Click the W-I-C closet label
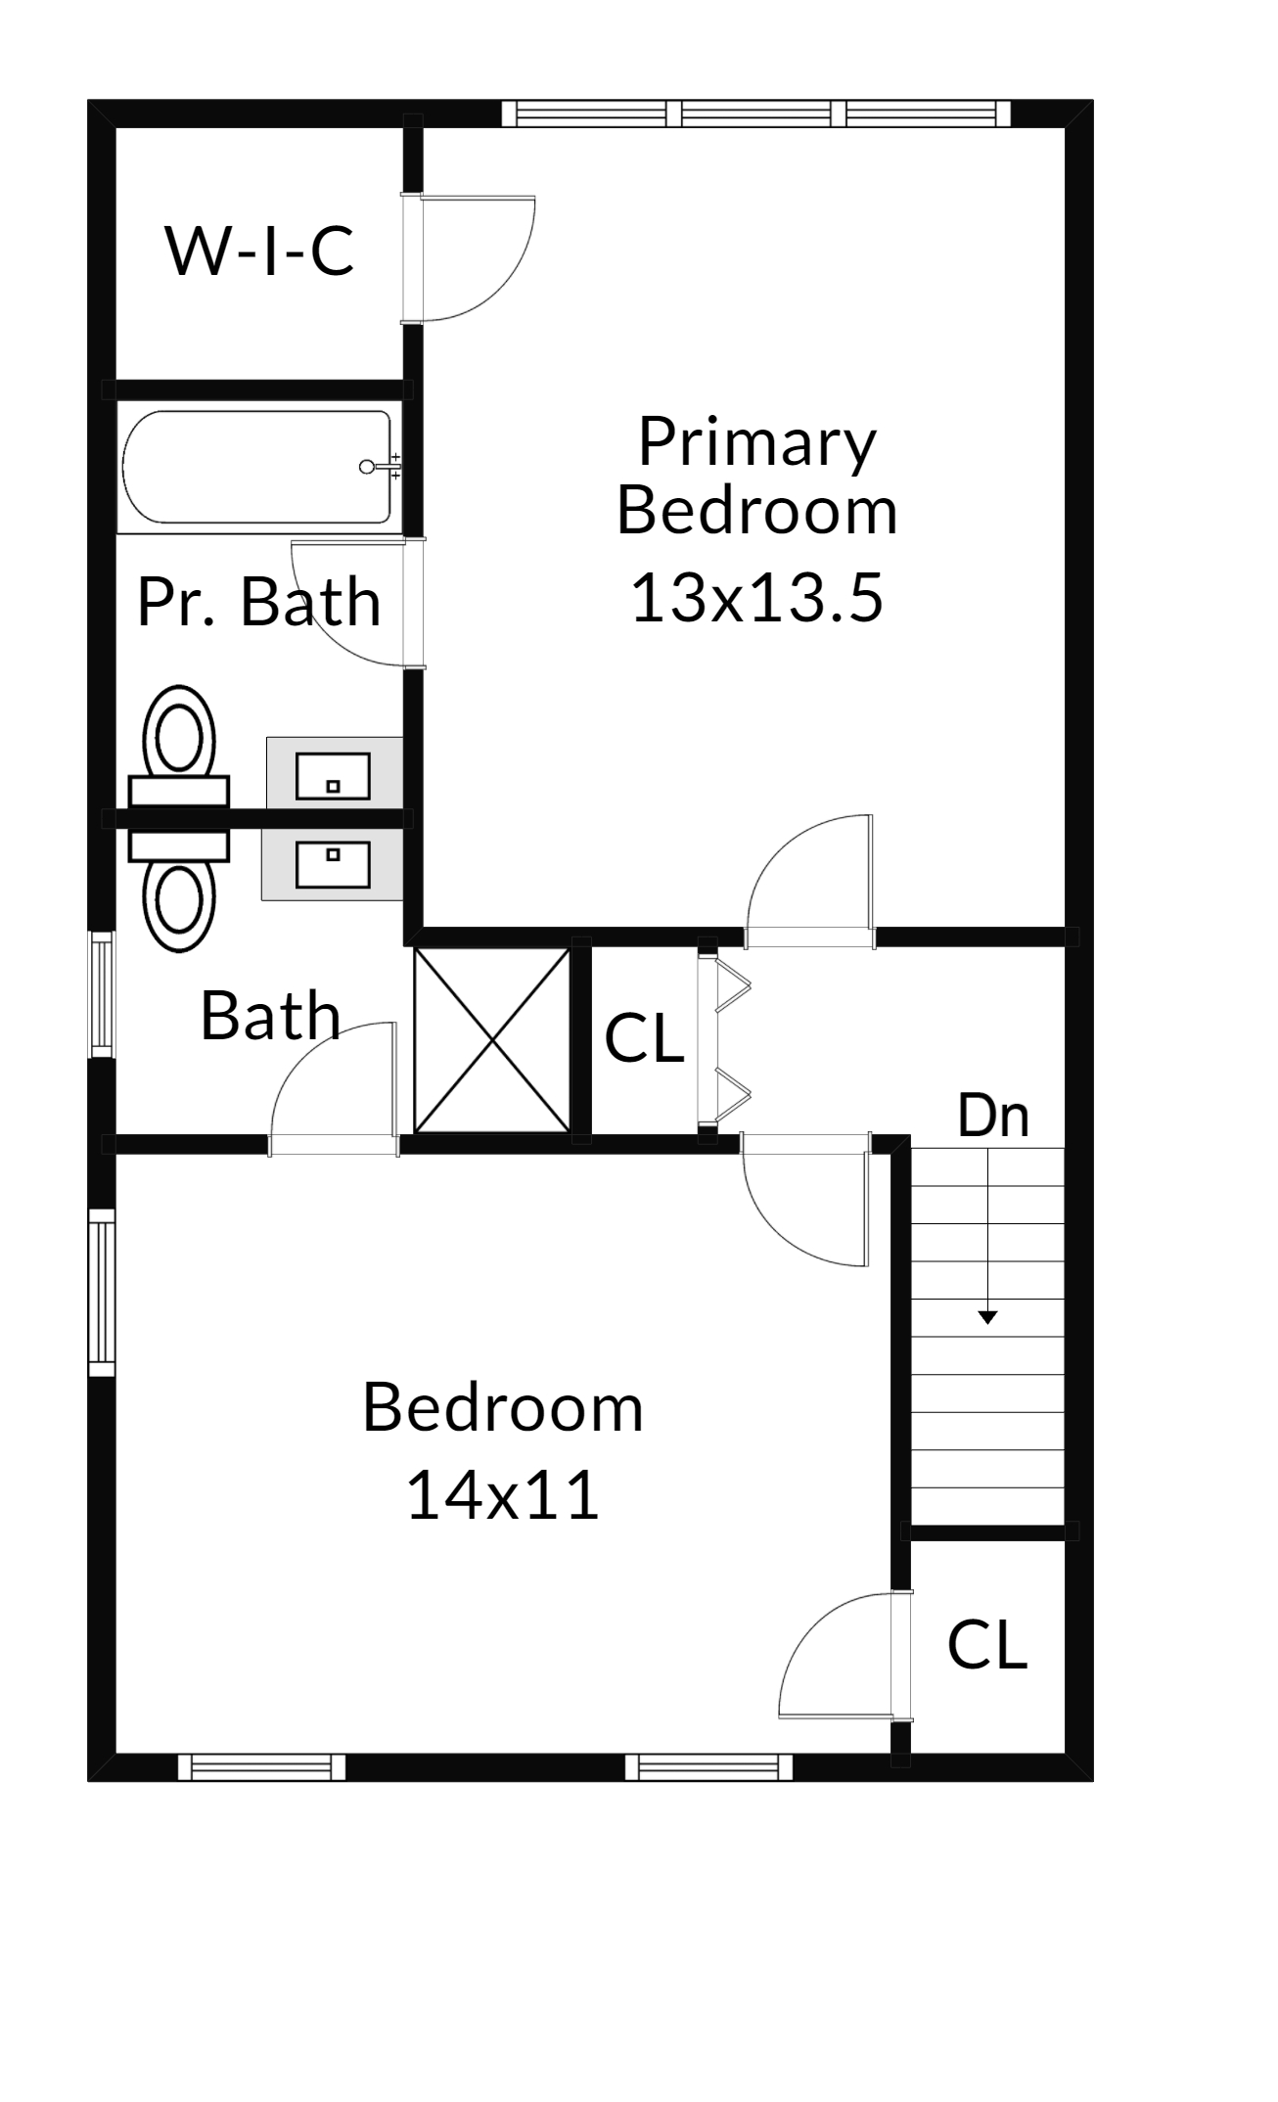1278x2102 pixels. [x=259, y=251]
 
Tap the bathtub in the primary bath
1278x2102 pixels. [x=257, y=467]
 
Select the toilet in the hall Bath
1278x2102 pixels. [x=179, y=891]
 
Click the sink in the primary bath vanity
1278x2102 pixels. [x=333, y=776]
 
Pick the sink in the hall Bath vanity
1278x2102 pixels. [x=333, y=863]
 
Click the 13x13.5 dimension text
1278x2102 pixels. [x=757, y=598]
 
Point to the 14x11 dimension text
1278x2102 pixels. [x=502, y=1495]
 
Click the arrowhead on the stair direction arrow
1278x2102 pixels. [x=988, y=1317]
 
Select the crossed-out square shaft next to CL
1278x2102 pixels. [x=492, y=1040]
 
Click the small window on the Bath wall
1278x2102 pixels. [x=102, y=994]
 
